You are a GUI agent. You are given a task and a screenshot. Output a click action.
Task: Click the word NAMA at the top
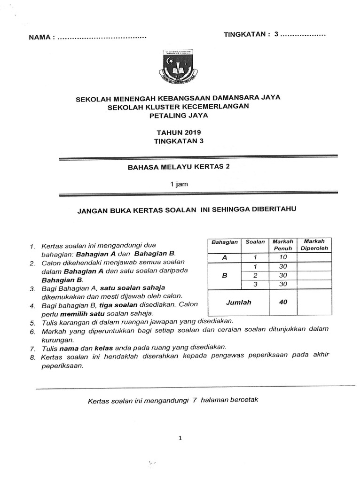(39, 37)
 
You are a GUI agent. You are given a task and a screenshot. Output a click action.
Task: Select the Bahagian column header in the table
(225, 242)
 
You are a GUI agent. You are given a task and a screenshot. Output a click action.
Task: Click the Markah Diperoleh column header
(314, 245)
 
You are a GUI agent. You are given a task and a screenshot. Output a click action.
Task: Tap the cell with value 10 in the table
(283, 257)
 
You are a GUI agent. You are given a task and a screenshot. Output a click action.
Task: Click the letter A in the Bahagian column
(224, 257)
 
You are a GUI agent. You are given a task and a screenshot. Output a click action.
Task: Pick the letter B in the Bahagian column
(224, 275)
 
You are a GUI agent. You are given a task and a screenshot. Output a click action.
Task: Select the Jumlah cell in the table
(238, 302)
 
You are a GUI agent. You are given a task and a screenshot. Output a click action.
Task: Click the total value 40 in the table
(283, 302)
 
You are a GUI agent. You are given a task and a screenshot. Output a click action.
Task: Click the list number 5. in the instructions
(32, 323)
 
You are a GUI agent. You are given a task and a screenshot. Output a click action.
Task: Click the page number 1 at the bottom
(180, 438)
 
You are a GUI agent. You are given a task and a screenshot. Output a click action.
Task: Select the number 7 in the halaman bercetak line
(194, 400)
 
